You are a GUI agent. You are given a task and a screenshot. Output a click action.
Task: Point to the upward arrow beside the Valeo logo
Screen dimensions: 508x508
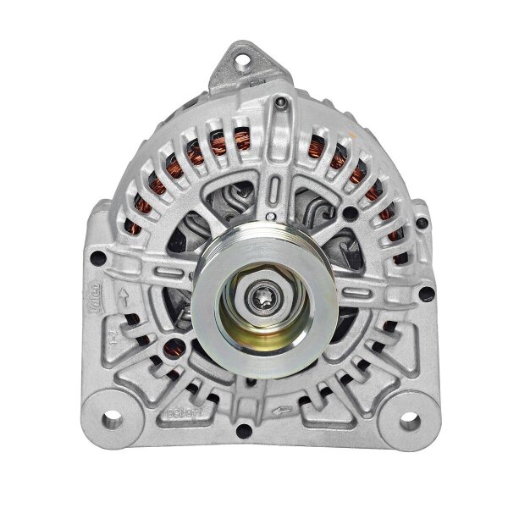(125, 297)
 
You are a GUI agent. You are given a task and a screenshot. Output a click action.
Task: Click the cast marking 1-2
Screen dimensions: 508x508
(113, 342)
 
